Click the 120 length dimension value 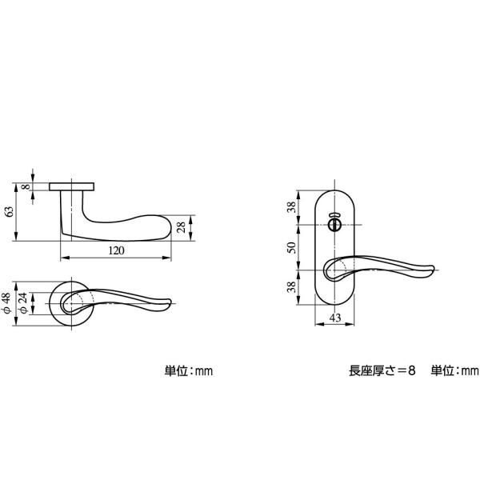point(117,250)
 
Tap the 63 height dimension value point(10,212)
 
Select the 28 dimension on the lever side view point(182,227)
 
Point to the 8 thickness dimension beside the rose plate point(26,186)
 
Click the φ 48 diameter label point(6,303)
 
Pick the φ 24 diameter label point(23,303)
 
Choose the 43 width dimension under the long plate point(335,318)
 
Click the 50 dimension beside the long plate point(292,247)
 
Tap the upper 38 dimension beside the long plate point(291,207)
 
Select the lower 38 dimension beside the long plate point(291,287)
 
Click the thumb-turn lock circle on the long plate point(334,225)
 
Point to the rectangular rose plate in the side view point(72,186)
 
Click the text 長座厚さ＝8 point(382,370)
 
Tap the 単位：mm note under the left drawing point(189,371)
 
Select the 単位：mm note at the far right point(454,370)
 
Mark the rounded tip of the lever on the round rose point(169,302)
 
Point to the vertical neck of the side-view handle point(72,211)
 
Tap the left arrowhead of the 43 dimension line point(318,324)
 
